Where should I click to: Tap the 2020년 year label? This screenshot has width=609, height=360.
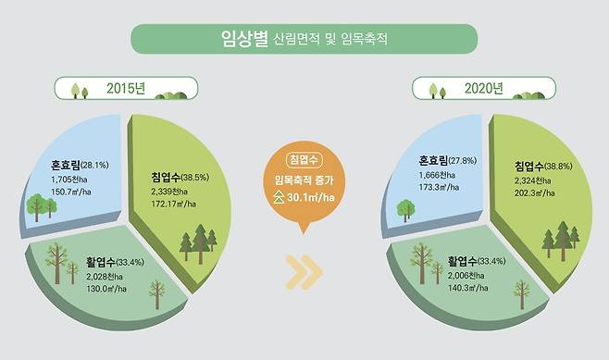click(x=484, y=90)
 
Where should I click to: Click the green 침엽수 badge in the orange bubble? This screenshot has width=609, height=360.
click(x=304, y=159)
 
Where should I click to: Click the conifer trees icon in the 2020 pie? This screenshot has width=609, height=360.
click(x=560, y=240)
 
